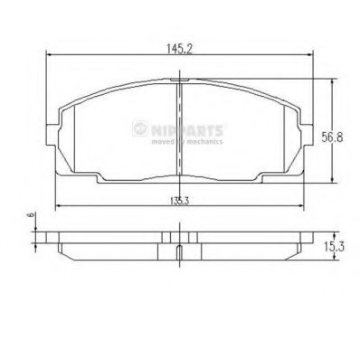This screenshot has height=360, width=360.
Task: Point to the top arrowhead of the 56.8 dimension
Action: [335, 81]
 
